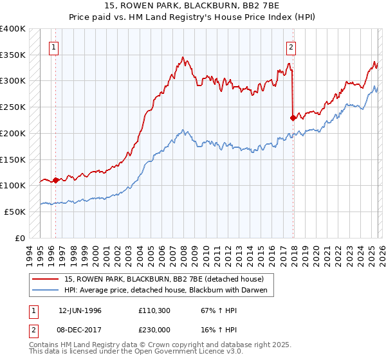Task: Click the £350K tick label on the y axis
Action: (13, 55)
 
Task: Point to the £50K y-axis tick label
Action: (15, 211)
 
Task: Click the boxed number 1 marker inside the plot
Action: (53, 46)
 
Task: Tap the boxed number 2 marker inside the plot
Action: (291, 46)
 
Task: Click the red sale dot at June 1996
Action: (55, 180)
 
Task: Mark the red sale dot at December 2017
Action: (293, 118)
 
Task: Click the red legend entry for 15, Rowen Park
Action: (164, 279)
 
